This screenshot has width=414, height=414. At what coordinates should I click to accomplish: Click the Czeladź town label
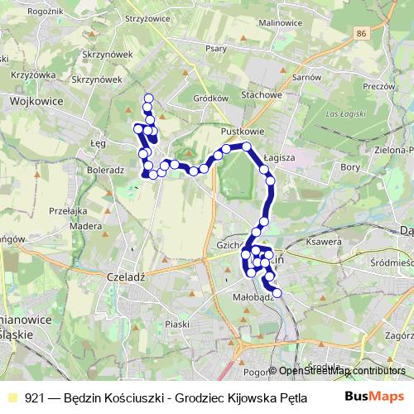[x=127, y=277]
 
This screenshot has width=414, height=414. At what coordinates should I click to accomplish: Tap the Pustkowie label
[x=242, y=132]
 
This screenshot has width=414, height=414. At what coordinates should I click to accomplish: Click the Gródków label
[x=209, y=98]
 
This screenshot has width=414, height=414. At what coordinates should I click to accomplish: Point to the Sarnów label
[x=306, y=76]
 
